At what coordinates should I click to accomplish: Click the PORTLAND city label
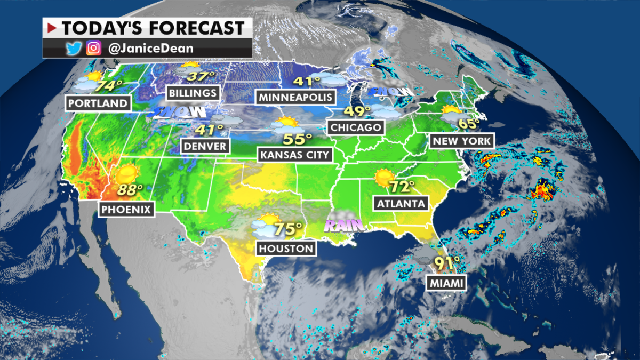click(98, 103)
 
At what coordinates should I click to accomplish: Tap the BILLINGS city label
click(193, 93)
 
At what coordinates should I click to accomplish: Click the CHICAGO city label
click(356, 127)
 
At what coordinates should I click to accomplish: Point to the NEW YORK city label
click(462, 141)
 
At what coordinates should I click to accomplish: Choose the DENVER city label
click(205, 146)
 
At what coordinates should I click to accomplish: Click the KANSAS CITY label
click(295, 155)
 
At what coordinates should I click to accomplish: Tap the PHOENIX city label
click(127, 209)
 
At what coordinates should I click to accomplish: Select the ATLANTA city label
click(401, 203)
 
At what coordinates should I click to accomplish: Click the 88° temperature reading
click(131, 189)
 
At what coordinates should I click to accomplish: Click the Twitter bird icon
click(73, 49)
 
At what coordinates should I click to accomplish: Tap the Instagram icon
click(93, 49)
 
